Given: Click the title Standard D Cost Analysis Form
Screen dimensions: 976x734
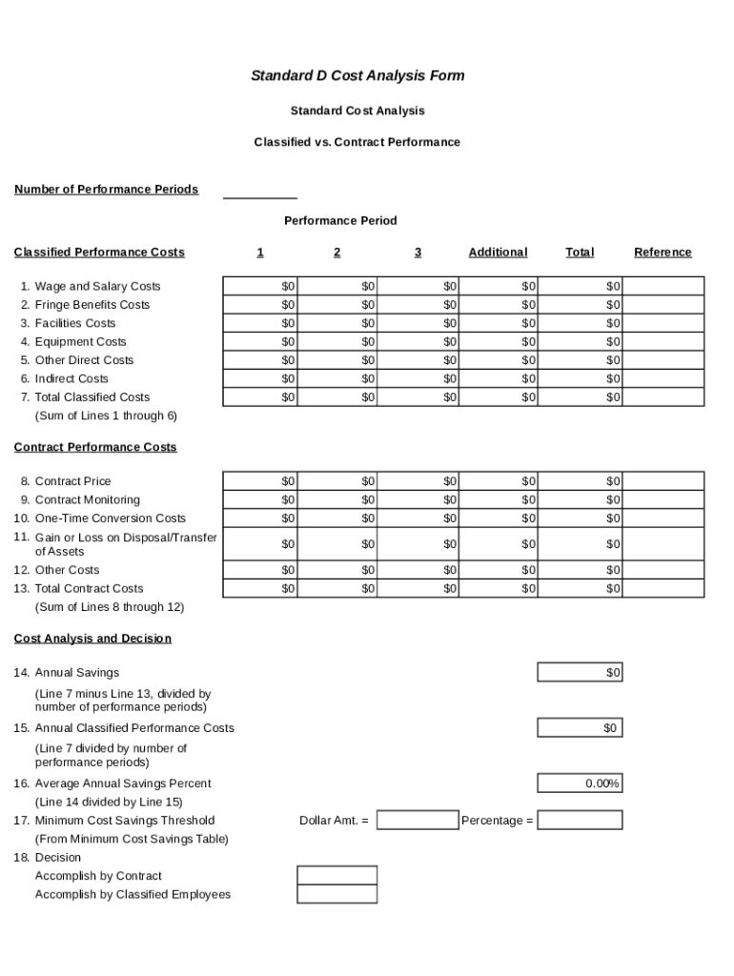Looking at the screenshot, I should point(357,75).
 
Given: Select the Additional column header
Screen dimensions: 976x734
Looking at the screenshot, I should point(498,253).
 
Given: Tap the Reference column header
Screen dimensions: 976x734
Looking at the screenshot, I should point(663,253).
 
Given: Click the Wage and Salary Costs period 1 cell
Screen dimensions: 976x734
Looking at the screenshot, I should point(260,286).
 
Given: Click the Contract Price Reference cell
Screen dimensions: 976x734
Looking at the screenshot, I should point(663,481).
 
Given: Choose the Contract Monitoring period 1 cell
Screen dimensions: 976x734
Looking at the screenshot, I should point(260,500).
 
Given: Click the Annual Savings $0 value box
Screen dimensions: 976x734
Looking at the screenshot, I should point(580,673).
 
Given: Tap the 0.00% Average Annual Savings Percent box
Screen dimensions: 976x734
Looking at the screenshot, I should point(580,783).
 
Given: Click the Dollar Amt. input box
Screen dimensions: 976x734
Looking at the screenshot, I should point(418,821).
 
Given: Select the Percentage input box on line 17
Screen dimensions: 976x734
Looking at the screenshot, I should point(580,821).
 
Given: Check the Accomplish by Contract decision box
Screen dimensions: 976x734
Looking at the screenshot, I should point(336,876).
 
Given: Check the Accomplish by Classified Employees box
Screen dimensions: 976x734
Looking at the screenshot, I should point(336,894).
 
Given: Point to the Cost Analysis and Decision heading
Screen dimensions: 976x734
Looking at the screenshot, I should point(92,639).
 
